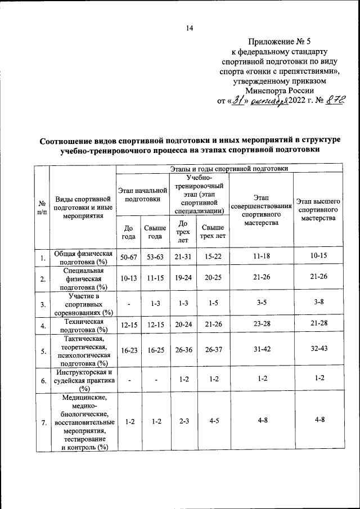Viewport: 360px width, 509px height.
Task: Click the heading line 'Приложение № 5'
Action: pyautogui.click(x=279, y=41)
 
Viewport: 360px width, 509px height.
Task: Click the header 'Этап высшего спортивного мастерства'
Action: pyautogui.click(x=318, y=209)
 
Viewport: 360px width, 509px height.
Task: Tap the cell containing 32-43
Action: pyautogui.click(x=318, y=349)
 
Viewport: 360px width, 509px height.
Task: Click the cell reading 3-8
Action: pyautogui.click(x=318, y=303)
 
